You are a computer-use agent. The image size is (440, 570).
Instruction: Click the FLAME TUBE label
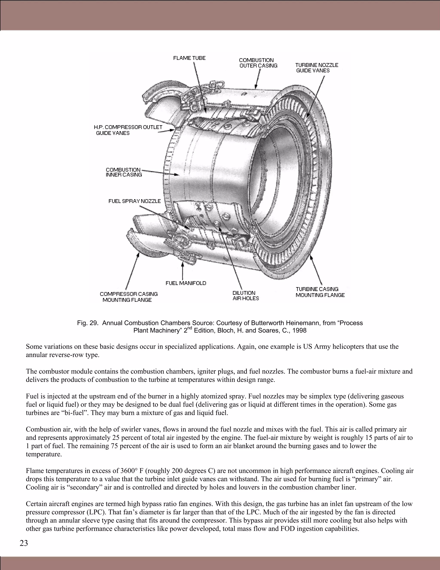coord(189,58)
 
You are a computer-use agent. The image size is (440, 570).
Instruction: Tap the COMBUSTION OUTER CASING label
coord(258,63)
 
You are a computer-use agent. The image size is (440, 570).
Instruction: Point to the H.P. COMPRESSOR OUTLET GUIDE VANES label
coord(128,130)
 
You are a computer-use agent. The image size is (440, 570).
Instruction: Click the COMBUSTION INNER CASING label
coord(124,172)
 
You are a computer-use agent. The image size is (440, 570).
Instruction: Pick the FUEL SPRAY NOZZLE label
coord(134,201)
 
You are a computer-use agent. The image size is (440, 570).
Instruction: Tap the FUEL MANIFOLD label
coord(186,283)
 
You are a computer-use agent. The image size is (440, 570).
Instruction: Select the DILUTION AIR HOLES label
coord(245,296)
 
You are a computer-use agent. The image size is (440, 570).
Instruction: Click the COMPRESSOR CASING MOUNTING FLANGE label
coord(128,297)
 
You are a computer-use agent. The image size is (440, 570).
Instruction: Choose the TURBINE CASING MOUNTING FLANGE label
coord(320,292)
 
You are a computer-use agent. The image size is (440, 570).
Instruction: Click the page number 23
coord(24,543)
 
